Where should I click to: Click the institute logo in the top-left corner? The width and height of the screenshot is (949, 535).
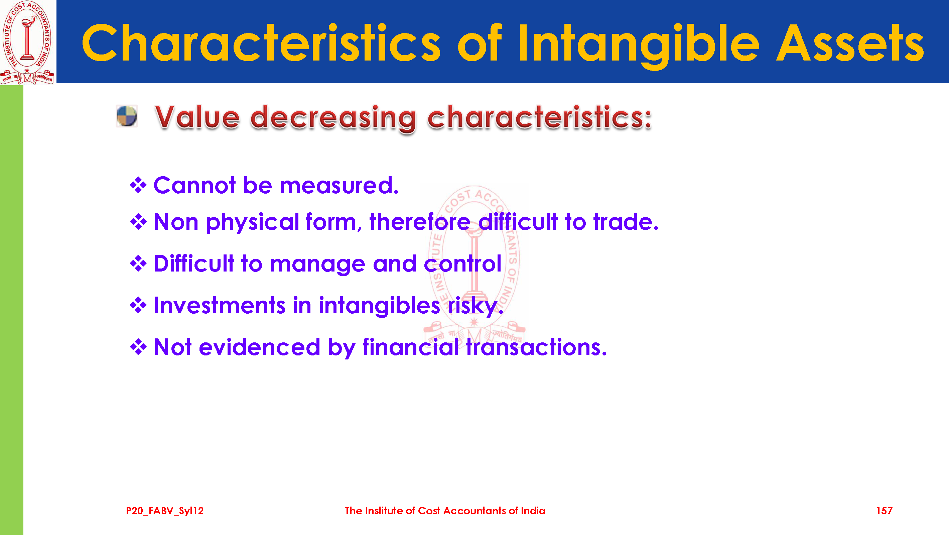point(28,42)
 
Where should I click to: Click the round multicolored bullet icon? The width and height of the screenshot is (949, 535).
point(127,116)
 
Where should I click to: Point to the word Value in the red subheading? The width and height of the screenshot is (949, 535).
point(197,117)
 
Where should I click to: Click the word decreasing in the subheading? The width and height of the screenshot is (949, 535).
point(333,119)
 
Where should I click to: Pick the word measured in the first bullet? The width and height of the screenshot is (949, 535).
point(339,185)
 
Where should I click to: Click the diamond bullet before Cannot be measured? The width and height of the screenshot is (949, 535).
point(139,185)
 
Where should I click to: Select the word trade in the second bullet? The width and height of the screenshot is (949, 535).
point(626,222)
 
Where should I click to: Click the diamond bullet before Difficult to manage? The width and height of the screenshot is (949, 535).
point(139,263)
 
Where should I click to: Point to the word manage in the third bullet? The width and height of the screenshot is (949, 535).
point(317,265)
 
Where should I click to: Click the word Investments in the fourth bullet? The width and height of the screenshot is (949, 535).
point(220,305)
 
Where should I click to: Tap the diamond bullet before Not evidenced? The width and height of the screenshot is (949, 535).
point(139,347)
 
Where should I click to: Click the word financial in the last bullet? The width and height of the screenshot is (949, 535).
point(410,347)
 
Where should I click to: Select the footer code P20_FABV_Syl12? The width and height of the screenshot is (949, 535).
point(165,511)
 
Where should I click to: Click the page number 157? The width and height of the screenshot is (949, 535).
point(884,511)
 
